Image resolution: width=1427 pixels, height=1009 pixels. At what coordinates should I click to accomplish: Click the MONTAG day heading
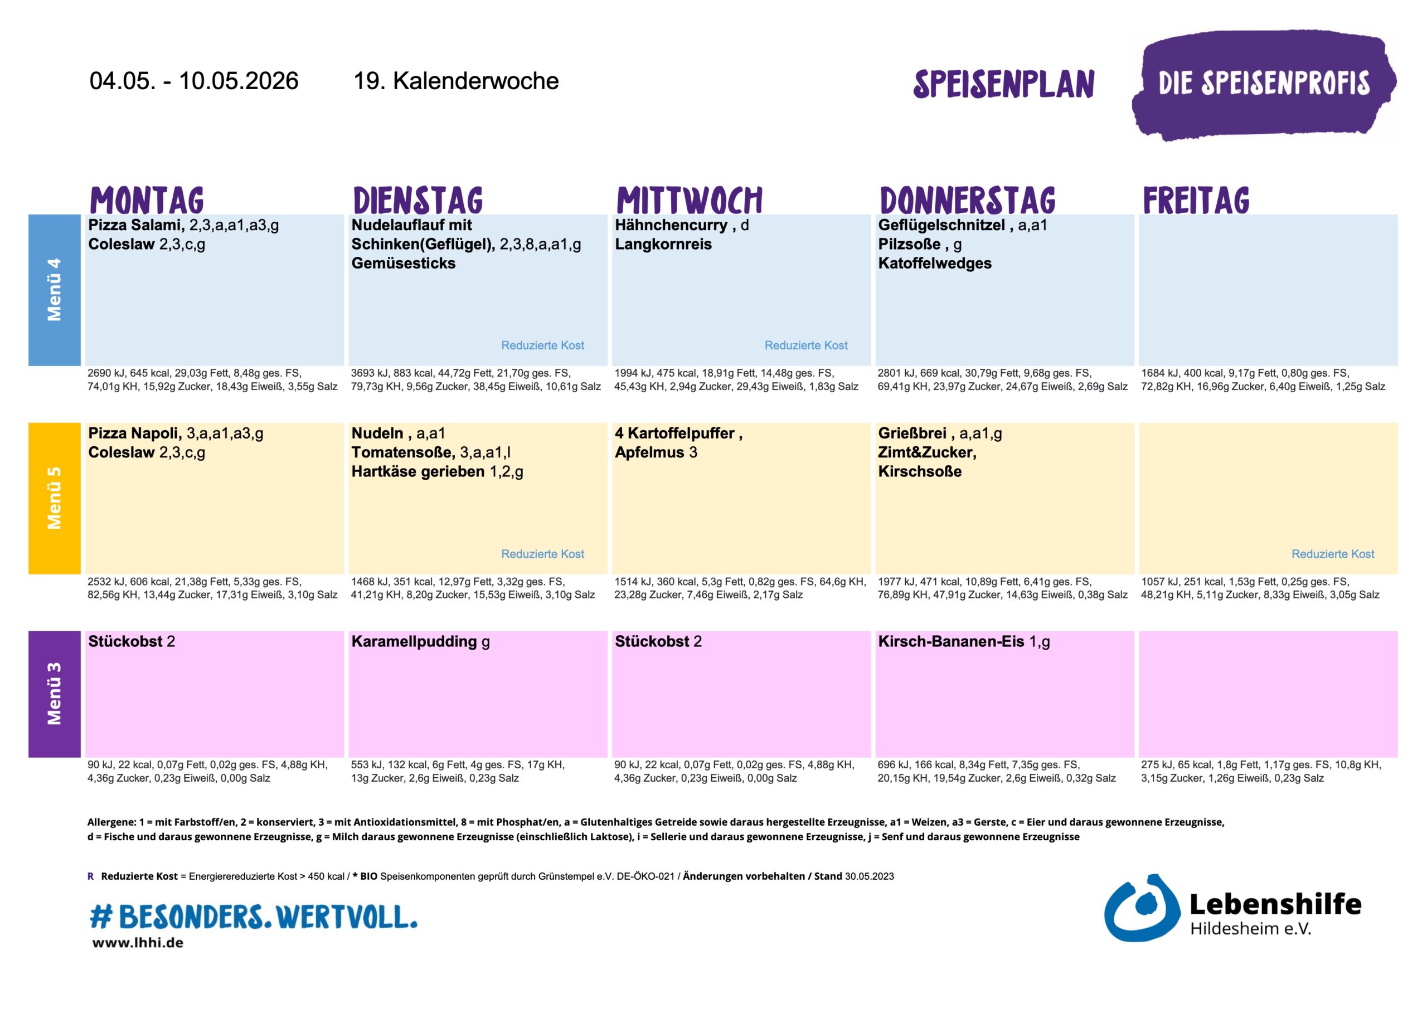147,200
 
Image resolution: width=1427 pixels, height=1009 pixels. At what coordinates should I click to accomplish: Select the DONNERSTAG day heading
967,200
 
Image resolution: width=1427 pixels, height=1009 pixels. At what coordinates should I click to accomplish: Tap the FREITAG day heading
1196,200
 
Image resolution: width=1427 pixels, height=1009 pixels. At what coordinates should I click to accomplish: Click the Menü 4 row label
55,290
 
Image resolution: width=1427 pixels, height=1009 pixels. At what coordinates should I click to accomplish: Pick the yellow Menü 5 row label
55,498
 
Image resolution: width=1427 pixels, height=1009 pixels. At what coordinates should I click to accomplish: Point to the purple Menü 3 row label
55,694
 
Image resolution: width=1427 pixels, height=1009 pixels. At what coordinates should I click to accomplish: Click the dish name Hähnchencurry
671,225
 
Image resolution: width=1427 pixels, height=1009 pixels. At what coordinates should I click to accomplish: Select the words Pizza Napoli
135,433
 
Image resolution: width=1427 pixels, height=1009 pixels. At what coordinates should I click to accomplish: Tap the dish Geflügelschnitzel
941,225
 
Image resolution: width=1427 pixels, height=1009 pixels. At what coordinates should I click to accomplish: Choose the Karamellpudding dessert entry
414,641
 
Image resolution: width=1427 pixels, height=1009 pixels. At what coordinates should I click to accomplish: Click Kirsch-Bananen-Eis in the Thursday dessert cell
950,641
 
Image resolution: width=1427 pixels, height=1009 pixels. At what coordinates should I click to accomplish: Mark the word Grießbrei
912,433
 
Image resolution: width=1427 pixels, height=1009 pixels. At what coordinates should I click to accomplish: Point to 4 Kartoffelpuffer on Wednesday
674,433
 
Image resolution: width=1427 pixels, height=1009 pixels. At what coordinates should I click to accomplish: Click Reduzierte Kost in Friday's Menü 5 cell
1333,554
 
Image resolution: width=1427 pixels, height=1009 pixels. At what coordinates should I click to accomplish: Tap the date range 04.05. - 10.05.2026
194,81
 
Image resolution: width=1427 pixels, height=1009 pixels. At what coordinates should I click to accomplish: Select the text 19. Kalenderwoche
455,81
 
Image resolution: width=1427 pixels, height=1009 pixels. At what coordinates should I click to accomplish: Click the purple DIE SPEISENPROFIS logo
1264,84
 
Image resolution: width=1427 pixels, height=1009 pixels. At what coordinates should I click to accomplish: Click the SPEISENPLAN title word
1003,84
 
